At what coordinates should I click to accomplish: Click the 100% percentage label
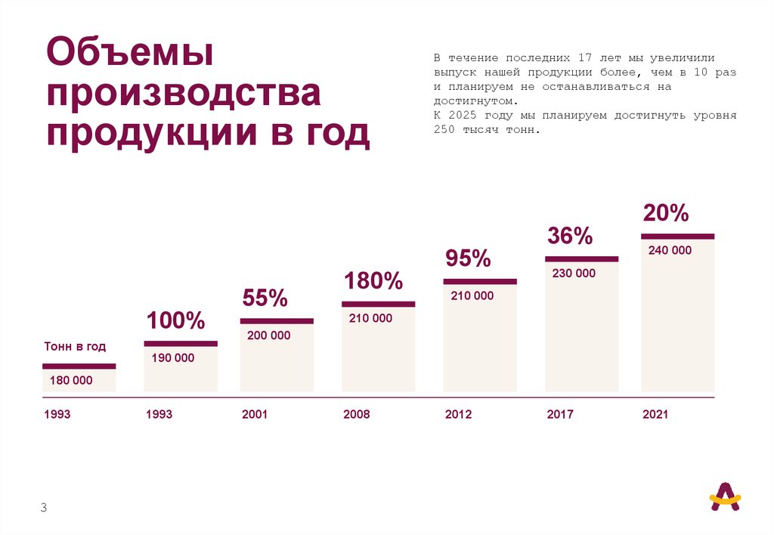tap(176, 320)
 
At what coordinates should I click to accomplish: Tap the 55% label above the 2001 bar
tap(265, 298)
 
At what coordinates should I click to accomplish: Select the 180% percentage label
tap(373, 282)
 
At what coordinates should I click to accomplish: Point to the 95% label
tap(468, 258)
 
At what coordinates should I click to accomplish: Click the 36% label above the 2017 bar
tap(570, 236)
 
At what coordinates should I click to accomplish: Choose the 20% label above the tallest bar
tap(665, 213)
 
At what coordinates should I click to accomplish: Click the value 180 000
tap(71, 381)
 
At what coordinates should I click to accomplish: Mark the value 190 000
tap(172, 358)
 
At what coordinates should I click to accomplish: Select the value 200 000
tap(268, 336)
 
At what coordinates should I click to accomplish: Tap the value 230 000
tap(574, 274)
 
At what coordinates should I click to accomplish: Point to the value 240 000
tap(670, 250)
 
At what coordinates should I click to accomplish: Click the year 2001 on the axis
tap(255, 415)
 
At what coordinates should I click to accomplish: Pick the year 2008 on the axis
tap(357, 415)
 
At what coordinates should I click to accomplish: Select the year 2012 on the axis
tap(459, 415)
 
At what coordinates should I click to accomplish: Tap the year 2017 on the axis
tap(560, 415)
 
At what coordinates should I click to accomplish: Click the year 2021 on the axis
tap(655, 415)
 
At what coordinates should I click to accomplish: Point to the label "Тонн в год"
tap(74, 347)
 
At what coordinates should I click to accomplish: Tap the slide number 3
tap(44, 508)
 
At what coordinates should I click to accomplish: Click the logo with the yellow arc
tap(725, 496)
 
